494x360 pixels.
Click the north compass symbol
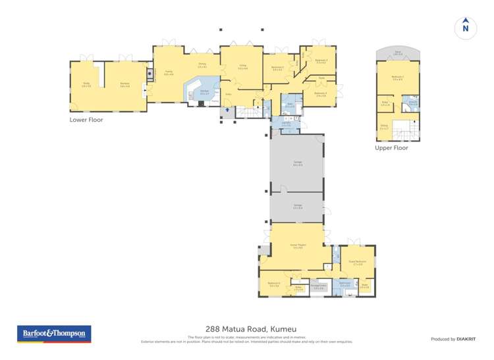(466, 27)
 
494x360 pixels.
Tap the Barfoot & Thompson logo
(54, 334)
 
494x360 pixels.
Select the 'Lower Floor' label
(86, 120)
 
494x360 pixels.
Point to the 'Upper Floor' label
(391, 148)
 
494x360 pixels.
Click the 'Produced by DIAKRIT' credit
(453, 339)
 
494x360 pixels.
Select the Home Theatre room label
(296, 246)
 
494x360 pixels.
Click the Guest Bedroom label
(357, 262)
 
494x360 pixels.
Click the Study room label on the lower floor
(86, 84)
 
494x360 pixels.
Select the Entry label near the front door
(229, 94)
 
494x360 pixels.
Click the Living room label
(242, 66)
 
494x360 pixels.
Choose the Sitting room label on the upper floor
(384, 126)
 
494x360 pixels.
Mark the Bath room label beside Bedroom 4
(290, 105)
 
